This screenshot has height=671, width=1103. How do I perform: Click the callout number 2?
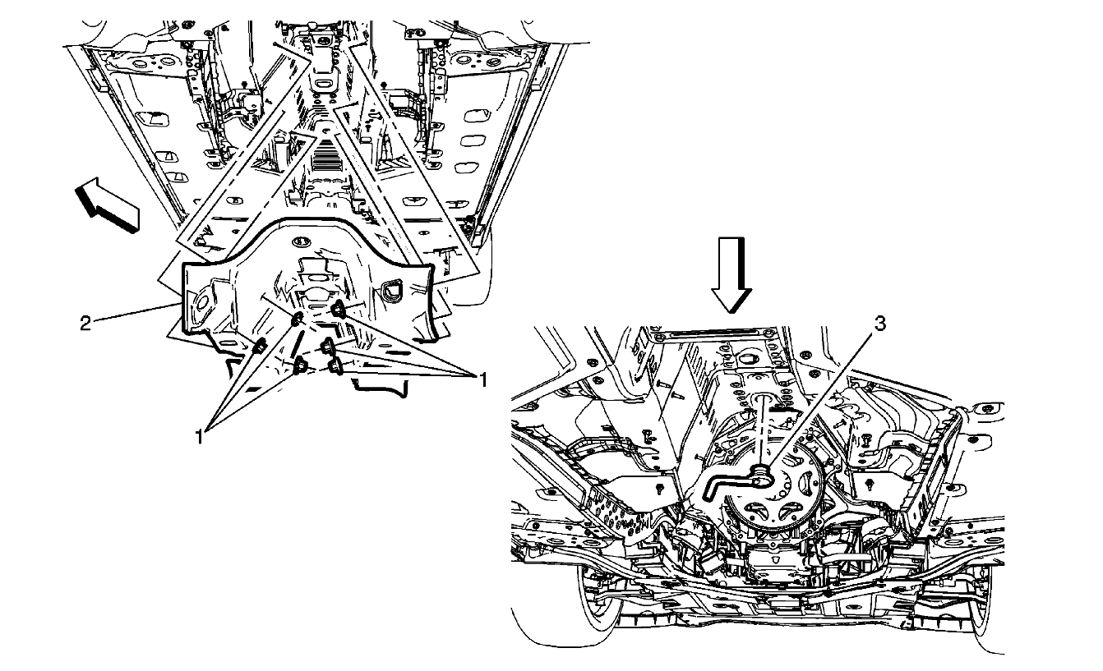85,322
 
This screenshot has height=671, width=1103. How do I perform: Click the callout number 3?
879,324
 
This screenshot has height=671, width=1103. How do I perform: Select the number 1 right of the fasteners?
484,379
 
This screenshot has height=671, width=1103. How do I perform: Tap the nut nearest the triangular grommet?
338,310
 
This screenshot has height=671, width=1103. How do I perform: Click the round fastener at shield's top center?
300,241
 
